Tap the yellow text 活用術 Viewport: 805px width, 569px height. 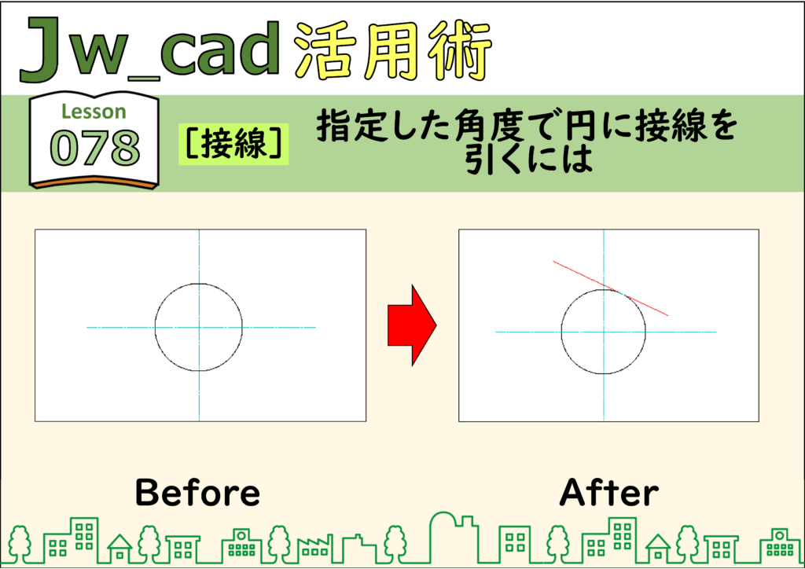coord(394,51)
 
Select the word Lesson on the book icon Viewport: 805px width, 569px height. coord(94,112)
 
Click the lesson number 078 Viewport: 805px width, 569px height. coord(95,148)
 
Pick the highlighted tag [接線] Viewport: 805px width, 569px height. coord(233,144)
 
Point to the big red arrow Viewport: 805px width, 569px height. coord(412,325)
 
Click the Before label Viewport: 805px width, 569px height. coord(197,493)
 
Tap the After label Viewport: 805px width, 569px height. coord(609,493)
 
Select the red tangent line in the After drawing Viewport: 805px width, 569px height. coord(610,288)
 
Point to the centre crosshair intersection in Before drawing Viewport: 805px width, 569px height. coord(199,328)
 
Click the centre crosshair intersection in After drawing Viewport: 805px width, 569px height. coord(604,332)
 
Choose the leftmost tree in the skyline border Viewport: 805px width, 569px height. coord(20,544)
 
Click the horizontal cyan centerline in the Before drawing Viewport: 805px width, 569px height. coord(201,328)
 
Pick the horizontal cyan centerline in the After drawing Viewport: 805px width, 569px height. coord(605,332)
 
